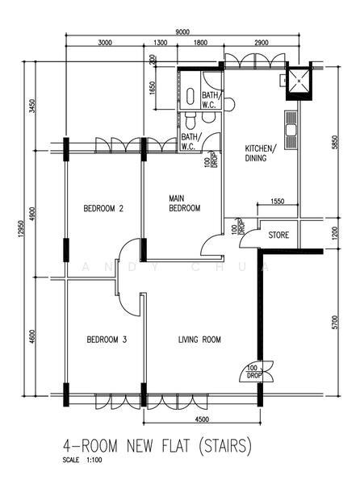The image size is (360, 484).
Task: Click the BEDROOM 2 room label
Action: click(x=103, y=209)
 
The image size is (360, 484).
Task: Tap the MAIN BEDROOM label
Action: click(x=184, y=202)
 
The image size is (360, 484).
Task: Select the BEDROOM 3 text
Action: click(x=107, y=340)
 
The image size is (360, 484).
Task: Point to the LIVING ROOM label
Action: click(x=199, y=340)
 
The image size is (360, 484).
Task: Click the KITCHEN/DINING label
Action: click(x=260, y=154)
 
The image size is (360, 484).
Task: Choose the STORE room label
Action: click(x=278, y=236)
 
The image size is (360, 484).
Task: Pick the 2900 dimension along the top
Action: click(x=261, y=43)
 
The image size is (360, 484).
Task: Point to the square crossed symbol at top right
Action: click(x=298, y=79)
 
